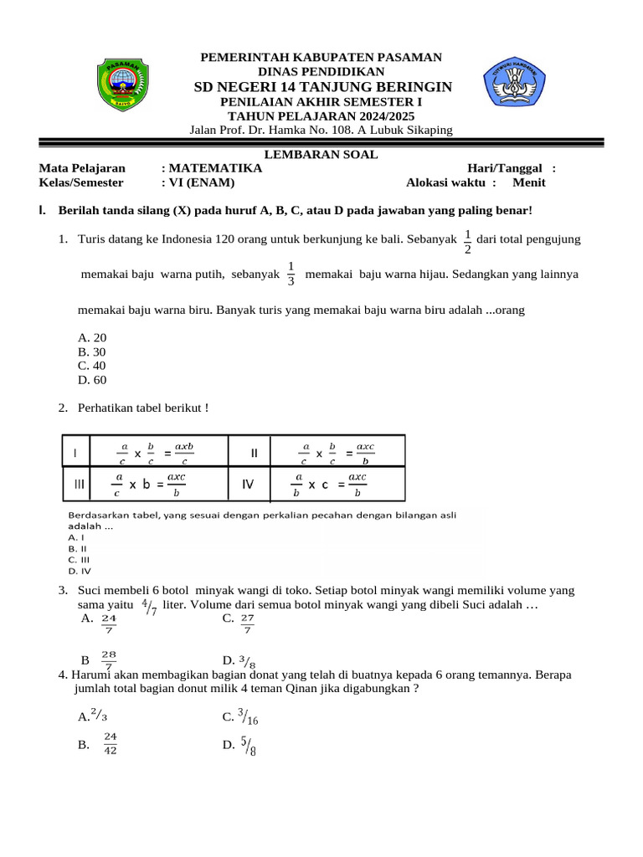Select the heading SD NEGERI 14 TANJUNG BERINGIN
[322, 88]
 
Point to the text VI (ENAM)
[201, 182]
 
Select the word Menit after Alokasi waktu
[529, 182]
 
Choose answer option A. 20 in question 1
[92, 337]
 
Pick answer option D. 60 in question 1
[92, 380]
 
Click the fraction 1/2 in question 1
[467, 240]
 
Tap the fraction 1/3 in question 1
[291, 274]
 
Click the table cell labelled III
[80, 484]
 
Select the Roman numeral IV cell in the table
[248, 484]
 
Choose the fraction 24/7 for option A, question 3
[109, 624]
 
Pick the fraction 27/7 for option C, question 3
[247, 624]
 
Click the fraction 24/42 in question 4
[111, 742]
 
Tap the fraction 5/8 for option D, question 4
[249, 744]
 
